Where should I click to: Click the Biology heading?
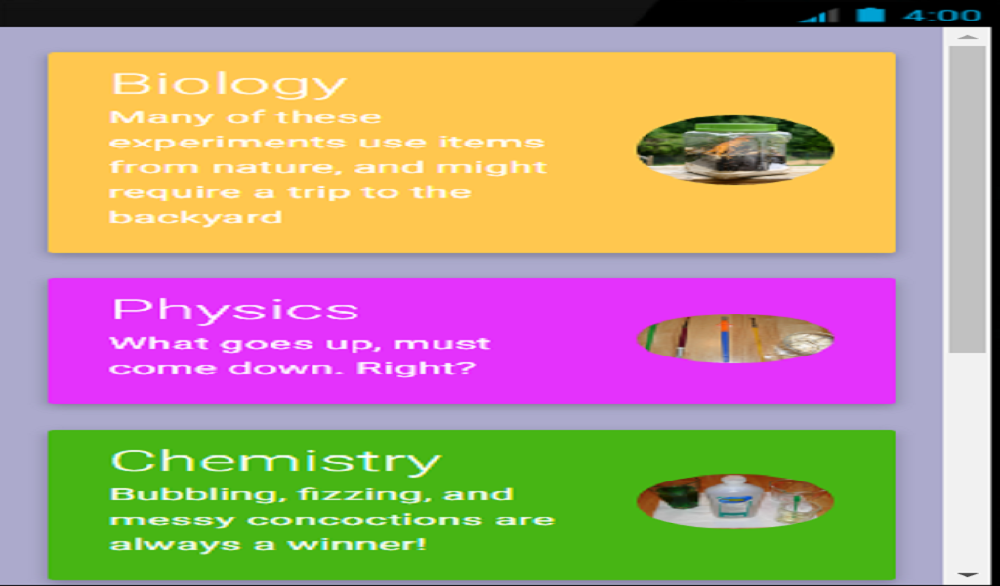pos(229,83)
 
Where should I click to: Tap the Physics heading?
pos(235,310)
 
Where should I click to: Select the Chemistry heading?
pos(276,460)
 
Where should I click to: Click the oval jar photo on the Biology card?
pos(735,149)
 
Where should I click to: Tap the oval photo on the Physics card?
pos(735,339)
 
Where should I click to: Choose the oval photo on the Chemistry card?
pos(735,502)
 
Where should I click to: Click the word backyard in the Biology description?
pos(195,217)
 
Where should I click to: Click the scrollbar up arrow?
pos(968,37)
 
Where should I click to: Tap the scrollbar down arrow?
pos(968,575)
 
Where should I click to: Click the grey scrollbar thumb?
pos(968,195)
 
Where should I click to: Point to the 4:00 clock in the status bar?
pos(941,15)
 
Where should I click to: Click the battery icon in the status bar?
pos(870,15)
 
